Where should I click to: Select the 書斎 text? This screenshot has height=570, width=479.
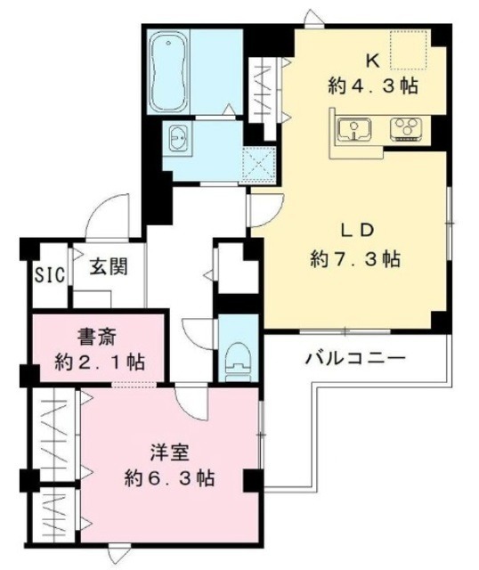pyautogui.click(x=93, y=338)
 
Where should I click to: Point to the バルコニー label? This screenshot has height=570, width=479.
pyautogui.click(x=356, y=360)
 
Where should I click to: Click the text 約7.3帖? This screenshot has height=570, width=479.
pyautogui.click(x=355, y=259)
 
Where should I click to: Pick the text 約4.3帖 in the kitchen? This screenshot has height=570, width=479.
pyautogui.click(x=372, y=87)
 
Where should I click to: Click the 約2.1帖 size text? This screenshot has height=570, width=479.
pyautogui.click(x=100, y=363)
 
